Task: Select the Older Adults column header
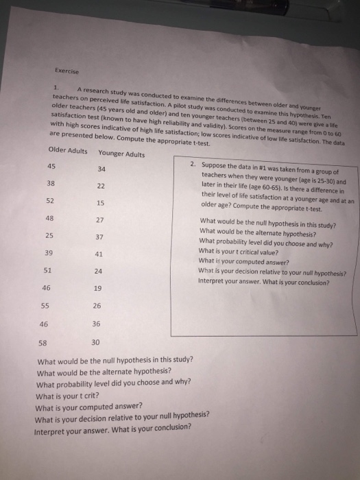coord(68,152)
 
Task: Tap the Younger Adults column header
coord(121,154)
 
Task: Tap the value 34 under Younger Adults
coord(101,169)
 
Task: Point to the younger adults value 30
coord(95,341)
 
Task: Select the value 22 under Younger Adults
coord(101,187)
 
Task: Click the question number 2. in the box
coord(195,165)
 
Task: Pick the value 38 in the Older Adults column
coord(51,184)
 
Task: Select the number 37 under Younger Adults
coord(100,237)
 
